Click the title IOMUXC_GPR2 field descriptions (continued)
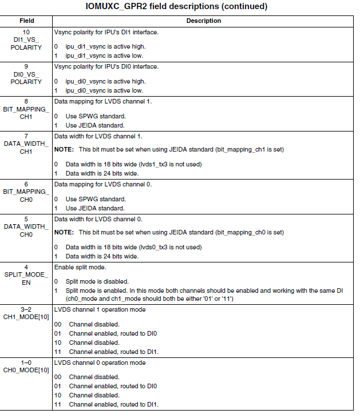180,6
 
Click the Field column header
27,21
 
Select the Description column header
204,21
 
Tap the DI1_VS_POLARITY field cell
27,40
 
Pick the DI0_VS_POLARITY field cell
27,74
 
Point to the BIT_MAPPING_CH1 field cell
27,109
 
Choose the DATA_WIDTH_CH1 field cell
27,144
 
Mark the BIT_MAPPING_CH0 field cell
27,192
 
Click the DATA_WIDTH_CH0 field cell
27,227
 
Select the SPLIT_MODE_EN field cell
27,275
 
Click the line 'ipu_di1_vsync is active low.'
105,56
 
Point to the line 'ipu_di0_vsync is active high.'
105,82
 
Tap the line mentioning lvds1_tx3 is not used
134,164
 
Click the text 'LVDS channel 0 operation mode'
100,363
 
